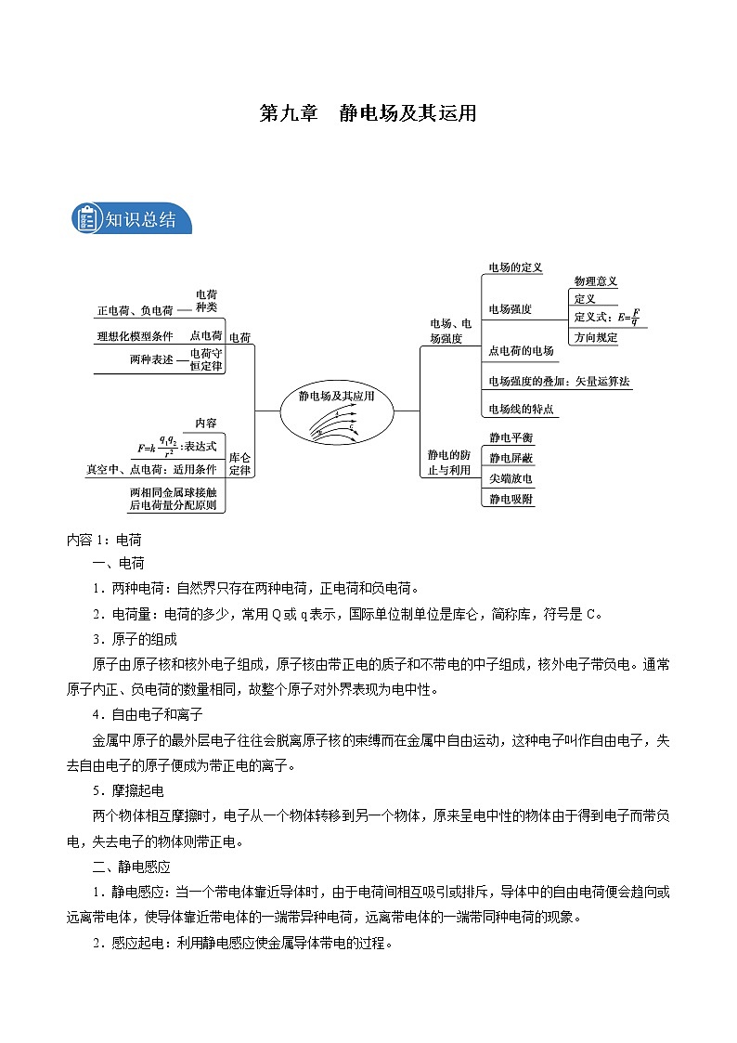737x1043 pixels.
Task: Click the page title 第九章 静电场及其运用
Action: coord(368,113)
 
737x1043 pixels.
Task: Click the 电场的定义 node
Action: coord(515,267)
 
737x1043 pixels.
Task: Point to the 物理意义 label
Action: coord(595,281)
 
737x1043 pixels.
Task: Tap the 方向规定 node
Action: coord(595,337)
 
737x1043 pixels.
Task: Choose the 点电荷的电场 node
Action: coord(521,350)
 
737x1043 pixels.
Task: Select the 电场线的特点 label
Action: coord(521,409)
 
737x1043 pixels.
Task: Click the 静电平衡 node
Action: coord(511,437)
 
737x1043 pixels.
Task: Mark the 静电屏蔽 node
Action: coord(511,458)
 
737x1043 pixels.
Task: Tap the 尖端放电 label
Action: coord(511,478)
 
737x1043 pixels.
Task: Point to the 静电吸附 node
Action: coord(511,499)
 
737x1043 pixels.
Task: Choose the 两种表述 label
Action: coord(151,359)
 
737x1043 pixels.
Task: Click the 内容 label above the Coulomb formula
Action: coord(205,423)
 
